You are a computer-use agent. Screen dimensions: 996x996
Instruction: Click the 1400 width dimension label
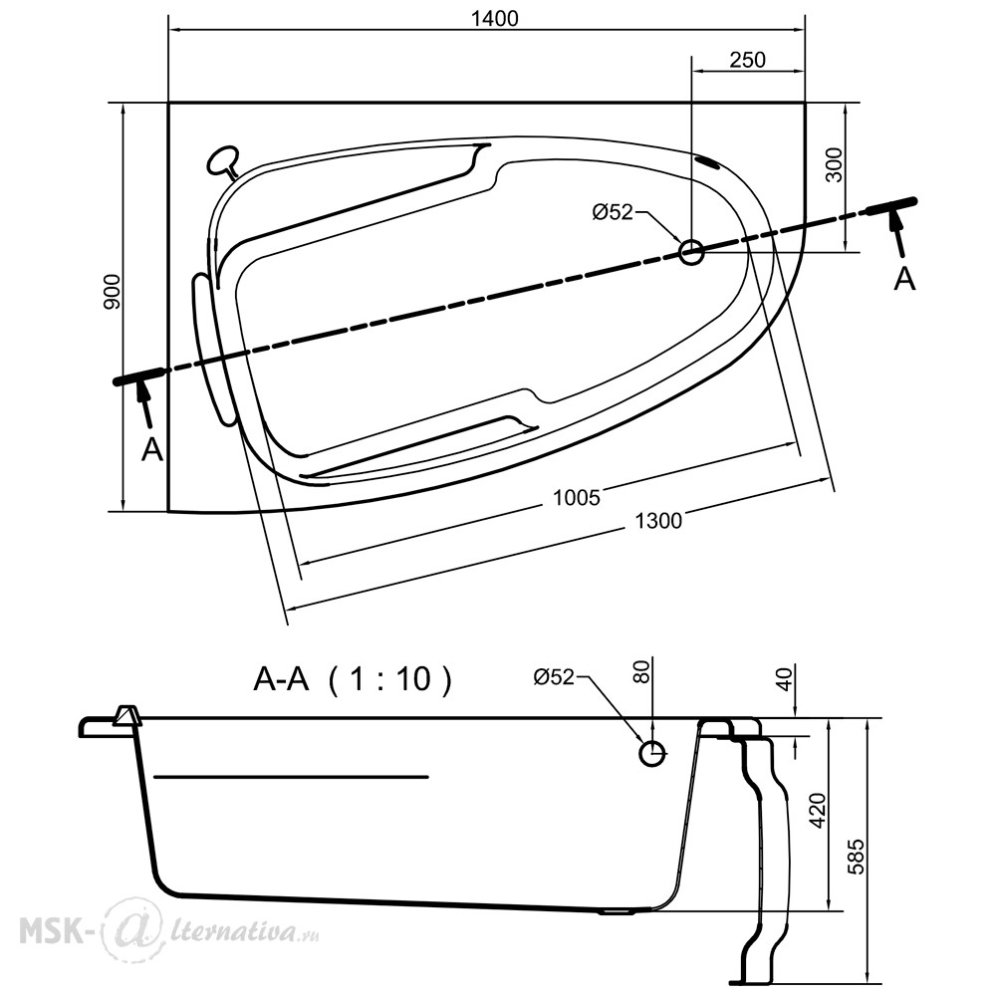494,19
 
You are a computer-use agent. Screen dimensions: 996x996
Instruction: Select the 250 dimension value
748,60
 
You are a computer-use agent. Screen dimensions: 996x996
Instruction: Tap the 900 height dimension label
112,292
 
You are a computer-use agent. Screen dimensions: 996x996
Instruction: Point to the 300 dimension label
835,164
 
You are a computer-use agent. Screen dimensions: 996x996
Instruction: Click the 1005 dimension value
576,497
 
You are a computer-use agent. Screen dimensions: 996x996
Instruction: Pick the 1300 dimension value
658,521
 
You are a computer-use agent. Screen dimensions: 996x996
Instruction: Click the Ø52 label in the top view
613,211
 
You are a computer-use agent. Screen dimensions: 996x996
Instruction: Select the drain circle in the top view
691,252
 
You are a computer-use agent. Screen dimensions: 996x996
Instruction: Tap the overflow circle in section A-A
651,753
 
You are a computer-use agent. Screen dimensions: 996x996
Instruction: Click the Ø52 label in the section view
554,677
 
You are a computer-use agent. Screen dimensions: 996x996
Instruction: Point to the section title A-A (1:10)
353,679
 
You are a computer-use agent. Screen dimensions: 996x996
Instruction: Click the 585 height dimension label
857,857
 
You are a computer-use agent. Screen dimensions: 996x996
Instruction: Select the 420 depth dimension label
818,811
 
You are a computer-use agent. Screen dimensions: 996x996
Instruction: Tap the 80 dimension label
641,671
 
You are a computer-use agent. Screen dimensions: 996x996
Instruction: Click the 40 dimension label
785,679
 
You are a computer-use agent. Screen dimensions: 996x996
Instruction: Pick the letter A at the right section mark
904,280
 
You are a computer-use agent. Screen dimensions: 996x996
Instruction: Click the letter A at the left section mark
151,450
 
